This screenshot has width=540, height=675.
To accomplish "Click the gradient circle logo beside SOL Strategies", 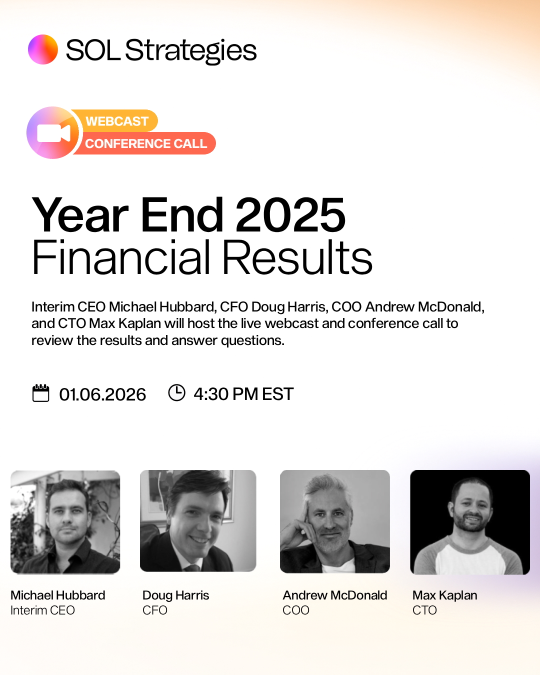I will coord(43,49).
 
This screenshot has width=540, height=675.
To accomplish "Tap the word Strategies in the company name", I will coord(190,50).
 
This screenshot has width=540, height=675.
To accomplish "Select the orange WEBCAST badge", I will coord(117,121).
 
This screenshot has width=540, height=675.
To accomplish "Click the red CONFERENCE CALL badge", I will coord(145,143).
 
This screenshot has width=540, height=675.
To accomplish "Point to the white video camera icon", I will coord(53,133).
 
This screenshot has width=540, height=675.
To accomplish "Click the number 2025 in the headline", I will coord(290,215).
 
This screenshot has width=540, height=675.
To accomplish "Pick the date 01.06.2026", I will coord(102,394).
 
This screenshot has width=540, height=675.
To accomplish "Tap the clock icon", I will coord(176,392).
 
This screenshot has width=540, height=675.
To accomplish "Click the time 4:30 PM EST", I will coord(243,394).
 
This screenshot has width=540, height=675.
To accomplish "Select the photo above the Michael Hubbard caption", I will coord(65,522).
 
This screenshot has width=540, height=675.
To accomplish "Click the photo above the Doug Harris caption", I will coord(198,521).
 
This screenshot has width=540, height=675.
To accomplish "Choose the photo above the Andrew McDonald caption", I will coord(335,521).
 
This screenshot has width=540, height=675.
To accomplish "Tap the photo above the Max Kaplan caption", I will coord(470,522).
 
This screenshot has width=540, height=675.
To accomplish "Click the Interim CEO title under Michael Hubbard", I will coord(42,610).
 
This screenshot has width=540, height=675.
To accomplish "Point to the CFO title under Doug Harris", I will coord(155,610).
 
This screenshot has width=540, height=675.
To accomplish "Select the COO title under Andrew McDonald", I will coord(296,610).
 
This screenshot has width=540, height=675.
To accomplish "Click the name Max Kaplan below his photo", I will coord(445,595).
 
